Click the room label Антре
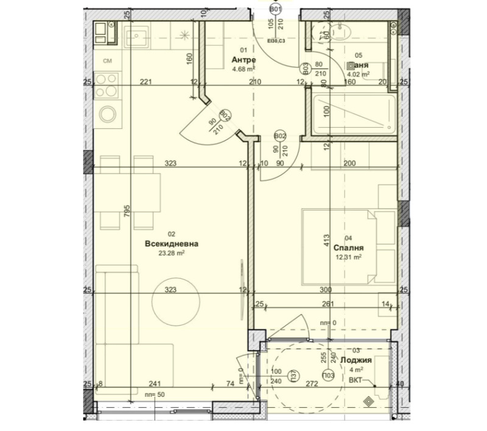coord(243,60)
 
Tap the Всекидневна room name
coord(172,244)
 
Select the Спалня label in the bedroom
coord(349,248)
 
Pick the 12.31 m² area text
coord(349,257)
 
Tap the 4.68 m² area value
coord(243,69)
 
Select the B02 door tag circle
coord(280,136)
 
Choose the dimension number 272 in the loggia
coord(311,384)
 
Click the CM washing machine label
coord(107,61)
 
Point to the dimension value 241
coord(155,384)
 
